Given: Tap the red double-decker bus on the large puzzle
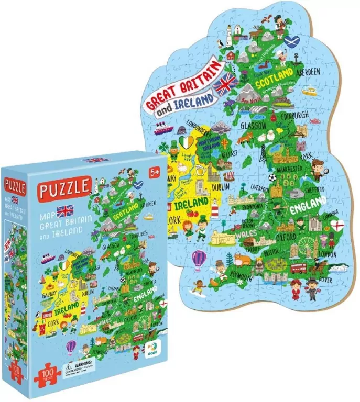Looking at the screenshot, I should pos(298,268).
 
